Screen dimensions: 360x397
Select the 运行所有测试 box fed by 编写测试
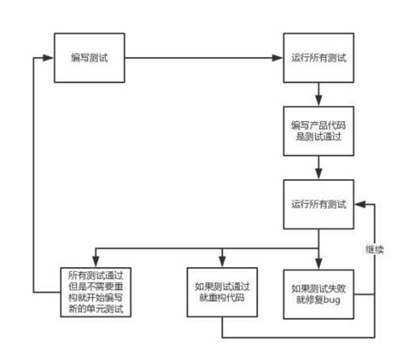pyautogui.click(x=318, y=59)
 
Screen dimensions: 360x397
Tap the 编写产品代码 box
pyautogui.click(x=318, y=131)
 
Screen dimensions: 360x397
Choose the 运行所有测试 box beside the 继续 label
pyautogui.click(x=318, y=203)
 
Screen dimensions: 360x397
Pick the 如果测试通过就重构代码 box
pyautogui.click(x=221, y=291)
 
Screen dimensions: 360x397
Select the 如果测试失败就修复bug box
pyautogui.click(x=318, y=291)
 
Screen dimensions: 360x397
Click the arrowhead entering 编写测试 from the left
pyautogui.click(x=49, y=59)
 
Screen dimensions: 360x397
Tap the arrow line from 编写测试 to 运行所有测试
pyautogui.click(x=201, y=59)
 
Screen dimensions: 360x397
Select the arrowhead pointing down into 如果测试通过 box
pyautogui.click(x=221, y=260)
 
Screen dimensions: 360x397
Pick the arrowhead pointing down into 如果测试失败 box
pyautogui.click(x=318, y=260)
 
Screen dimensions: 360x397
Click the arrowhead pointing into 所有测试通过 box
pyautogui.click(x=94, y=260)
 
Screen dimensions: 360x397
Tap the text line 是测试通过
pyautogui.click(x=318, y=138)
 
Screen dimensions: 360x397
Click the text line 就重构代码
pyautogui.click(x=221, y=299)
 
